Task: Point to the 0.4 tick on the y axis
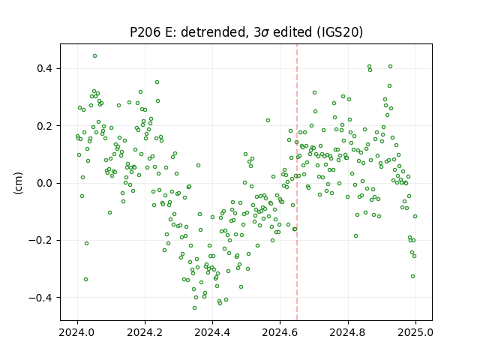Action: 44,68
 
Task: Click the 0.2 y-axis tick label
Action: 44,126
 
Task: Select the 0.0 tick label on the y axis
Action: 44,183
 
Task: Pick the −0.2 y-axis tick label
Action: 40,240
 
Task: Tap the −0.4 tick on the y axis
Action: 40,298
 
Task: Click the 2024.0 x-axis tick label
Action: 77,332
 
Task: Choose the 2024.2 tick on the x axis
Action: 145,332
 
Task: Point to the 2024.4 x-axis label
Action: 212,332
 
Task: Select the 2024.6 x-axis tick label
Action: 280,332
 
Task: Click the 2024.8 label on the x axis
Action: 347,332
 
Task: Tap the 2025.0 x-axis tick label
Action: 415,332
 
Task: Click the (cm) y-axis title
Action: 18,183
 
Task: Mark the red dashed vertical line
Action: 297,182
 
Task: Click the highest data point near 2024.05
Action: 95,56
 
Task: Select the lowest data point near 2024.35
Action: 194,308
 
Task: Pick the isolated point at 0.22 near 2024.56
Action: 268,121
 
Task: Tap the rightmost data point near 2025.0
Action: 415,217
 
